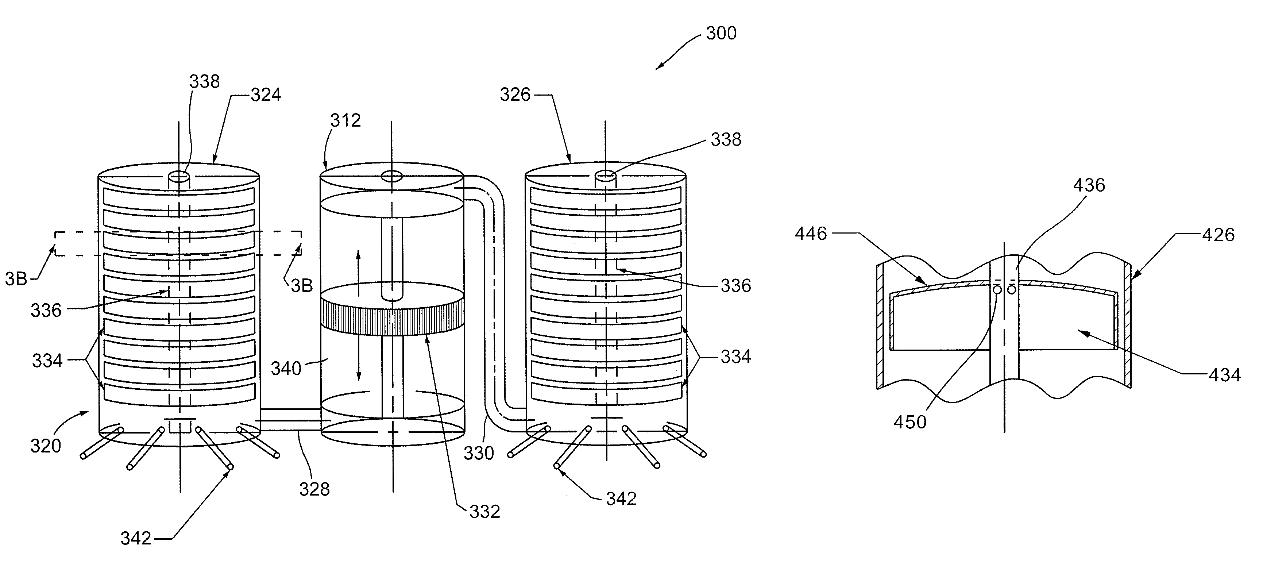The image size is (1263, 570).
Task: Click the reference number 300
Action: (x=721, y=33)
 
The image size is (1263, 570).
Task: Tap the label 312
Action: (x=345, y=120)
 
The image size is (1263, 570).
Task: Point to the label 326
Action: (x=515, y=94)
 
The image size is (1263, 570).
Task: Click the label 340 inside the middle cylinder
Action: (x=286, y=369)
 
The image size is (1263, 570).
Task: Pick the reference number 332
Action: (x=484, y=512)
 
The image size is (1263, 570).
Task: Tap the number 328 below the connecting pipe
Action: (x=314, y=489)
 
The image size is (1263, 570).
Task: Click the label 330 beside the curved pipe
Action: (x=479, y=453)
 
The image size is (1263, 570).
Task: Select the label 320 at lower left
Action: (x=46, y=446)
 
